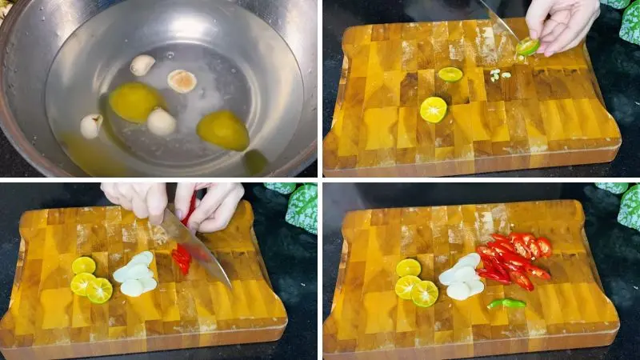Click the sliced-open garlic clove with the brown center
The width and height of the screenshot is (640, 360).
pos(182,81)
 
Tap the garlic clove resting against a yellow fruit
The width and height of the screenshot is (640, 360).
pos(161,122)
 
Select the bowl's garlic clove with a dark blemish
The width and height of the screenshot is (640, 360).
pos(91,126)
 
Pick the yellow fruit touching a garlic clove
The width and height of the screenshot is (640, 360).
pos(223,130)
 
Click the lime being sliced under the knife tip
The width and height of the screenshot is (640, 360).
pos(527,46)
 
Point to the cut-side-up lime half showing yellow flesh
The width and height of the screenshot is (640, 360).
pos(434,109)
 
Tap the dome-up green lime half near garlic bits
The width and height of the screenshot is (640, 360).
pos(450,74)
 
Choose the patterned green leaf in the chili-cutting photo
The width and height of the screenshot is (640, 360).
pos(301,207)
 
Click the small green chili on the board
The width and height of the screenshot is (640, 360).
pos(506,303)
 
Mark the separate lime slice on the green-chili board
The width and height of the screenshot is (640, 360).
pos(408,267)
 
